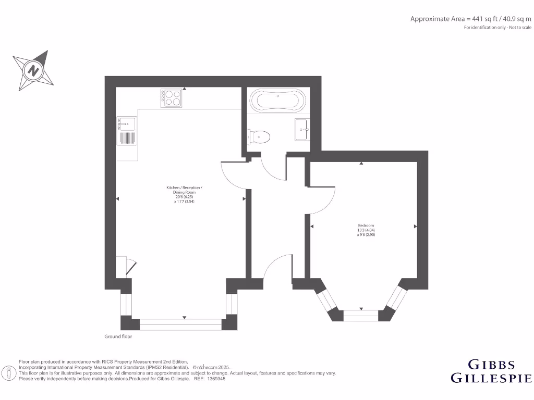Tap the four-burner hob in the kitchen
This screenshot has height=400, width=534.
173,98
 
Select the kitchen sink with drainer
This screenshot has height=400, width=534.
127,131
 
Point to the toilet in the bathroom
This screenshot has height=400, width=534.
260,137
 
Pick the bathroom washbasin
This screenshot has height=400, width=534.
302,129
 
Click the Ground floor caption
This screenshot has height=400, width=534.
118,337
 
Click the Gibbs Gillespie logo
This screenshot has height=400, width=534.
491,371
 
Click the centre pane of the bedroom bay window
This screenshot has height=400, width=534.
360,316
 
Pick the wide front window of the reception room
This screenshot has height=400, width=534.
180,324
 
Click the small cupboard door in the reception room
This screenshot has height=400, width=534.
130,266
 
